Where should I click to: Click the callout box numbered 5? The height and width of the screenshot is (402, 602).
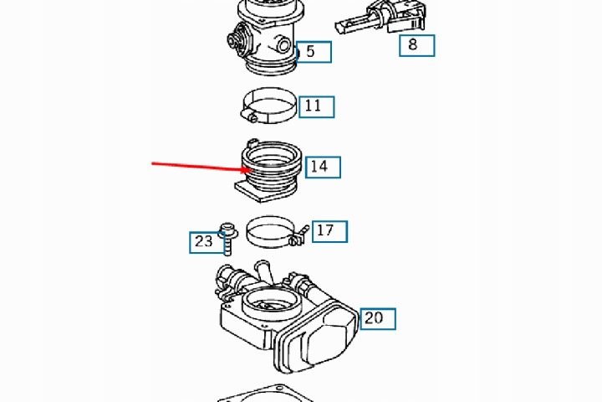click(x=314, y=52)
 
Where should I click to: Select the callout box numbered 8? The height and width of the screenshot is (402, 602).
click(x=417, y=45)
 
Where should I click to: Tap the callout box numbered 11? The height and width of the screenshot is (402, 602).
click(x=317, y=106)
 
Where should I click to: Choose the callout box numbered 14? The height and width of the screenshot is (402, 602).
click(x=323, y=167)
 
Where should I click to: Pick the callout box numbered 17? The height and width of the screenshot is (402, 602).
click(x=329, y=232)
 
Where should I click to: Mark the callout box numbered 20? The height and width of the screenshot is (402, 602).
click(x=378, y=319)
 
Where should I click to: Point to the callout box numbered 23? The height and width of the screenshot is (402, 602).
click(x=207, y=242)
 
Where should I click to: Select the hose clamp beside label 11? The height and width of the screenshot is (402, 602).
click(x=270, y=105)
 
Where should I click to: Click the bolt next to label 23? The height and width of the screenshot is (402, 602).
click(x=227, y=239)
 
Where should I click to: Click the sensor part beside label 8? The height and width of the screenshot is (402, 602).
click(x=381, y=18)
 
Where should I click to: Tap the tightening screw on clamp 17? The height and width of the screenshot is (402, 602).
click(x=300, y=235)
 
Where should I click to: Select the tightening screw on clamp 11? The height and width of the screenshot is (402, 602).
click(x=249, y=116)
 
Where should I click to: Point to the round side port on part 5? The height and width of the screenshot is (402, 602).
click(x=283, y=46)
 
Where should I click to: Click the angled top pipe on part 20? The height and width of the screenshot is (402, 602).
click(x=263, y=273)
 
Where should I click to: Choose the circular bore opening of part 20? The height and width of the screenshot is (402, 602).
click(x=271, y=300)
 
